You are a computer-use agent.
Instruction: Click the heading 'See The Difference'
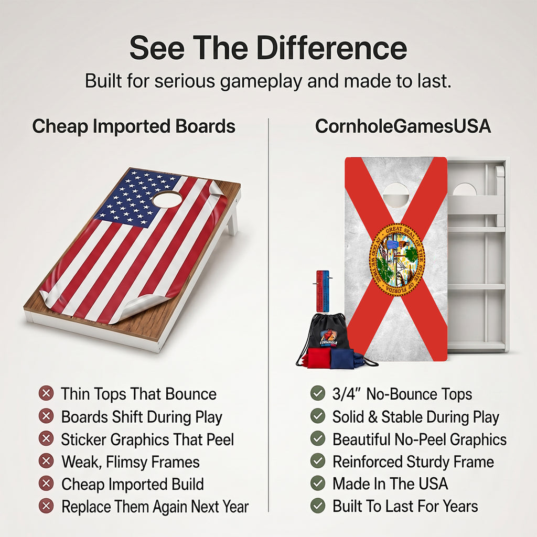[268, 48]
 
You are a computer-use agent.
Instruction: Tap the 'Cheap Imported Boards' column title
[134, 126]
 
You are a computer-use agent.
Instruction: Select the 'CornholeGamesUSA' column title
[403, 126]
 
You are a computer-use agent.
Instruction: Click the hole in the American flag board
[167, 199]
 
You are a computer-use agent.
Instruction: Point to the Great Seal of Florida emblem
[396, 259]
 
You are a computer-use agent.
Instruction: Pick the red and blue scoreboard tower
[323, 291]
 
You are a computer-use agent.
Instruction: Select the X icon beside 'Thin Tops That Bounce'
[46, 393]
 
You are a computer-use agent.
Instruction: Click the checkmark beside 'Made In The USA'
[318, 483]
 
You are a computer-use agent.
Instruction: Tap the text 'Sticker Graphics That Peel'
[147, 439]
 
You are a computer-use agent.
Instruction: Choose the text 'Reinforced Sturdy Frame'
[413, 461]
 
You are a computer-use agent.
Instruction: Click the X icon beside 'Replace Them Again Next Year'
[46, 506]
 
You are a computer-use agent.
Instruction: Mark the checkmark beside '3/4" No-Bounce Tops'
[318, 393]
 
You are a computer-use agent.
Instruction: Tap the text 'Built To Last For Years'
[405, 506]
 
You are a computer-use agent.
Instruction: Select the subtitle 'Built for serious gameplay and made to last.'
[268, 81]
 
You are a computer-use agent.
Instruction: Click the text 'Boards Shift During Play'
[142, 417]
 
